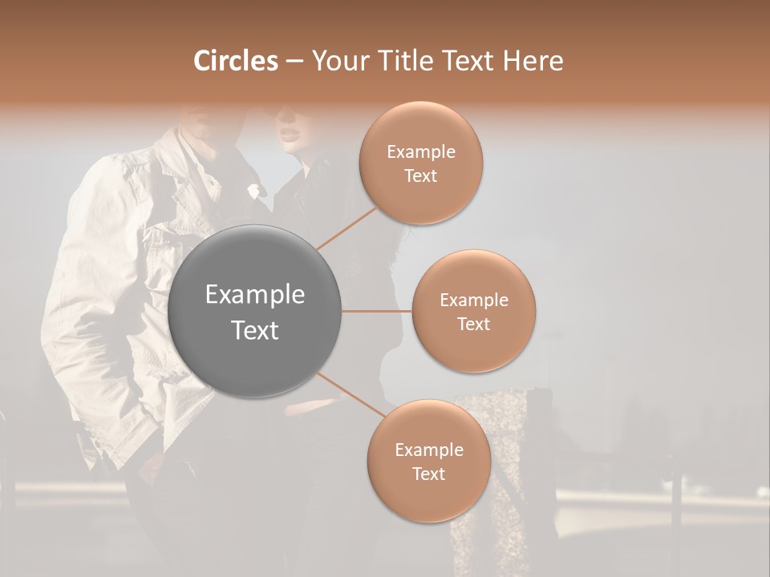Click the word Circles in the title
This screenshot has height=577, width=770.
[235, 61]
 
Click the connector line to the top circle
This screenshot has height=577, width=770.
[346, 228]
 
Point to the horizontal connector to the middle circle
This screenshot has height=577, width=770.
[376, 311]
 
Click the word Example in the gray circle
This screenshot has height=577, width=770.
[255, 295]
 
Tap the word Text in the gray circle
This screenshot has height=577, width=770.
[255, 330]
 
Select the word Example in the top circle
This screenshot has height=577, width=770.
[421, 152]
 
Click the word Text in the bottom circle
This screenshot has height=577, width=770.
[429, 474]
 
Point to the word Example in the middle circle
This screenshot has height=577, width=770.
[474, 301]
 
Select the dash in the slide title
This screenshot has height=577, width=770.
[294, 62]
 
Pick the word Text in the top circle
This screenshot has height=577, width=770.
[421, 176]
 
